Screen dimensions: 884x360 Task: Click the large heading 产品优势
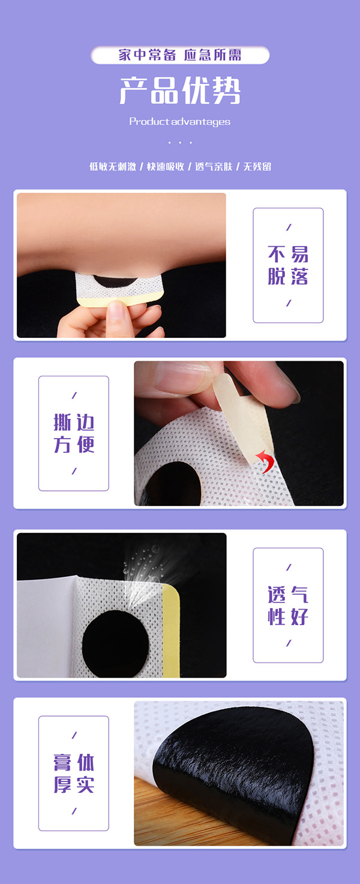(180, 91)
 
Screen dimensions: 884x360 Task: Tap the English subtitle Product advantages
(180, 122)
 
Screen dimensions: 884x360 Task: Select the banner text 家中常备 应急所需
(180, 55)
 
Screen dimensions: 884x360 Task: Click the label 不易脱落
(288, 265)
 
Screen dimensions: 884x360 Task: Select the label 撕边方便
(74, 433)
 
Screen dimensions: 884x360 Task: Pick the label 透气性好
(288, 606)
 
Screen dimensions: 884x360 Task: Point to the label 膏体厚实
(74, 774)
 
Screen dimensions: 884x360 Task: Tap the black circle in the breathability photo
(114, 644)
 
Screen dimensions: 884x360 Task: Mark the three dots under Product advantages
(180, 143)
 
